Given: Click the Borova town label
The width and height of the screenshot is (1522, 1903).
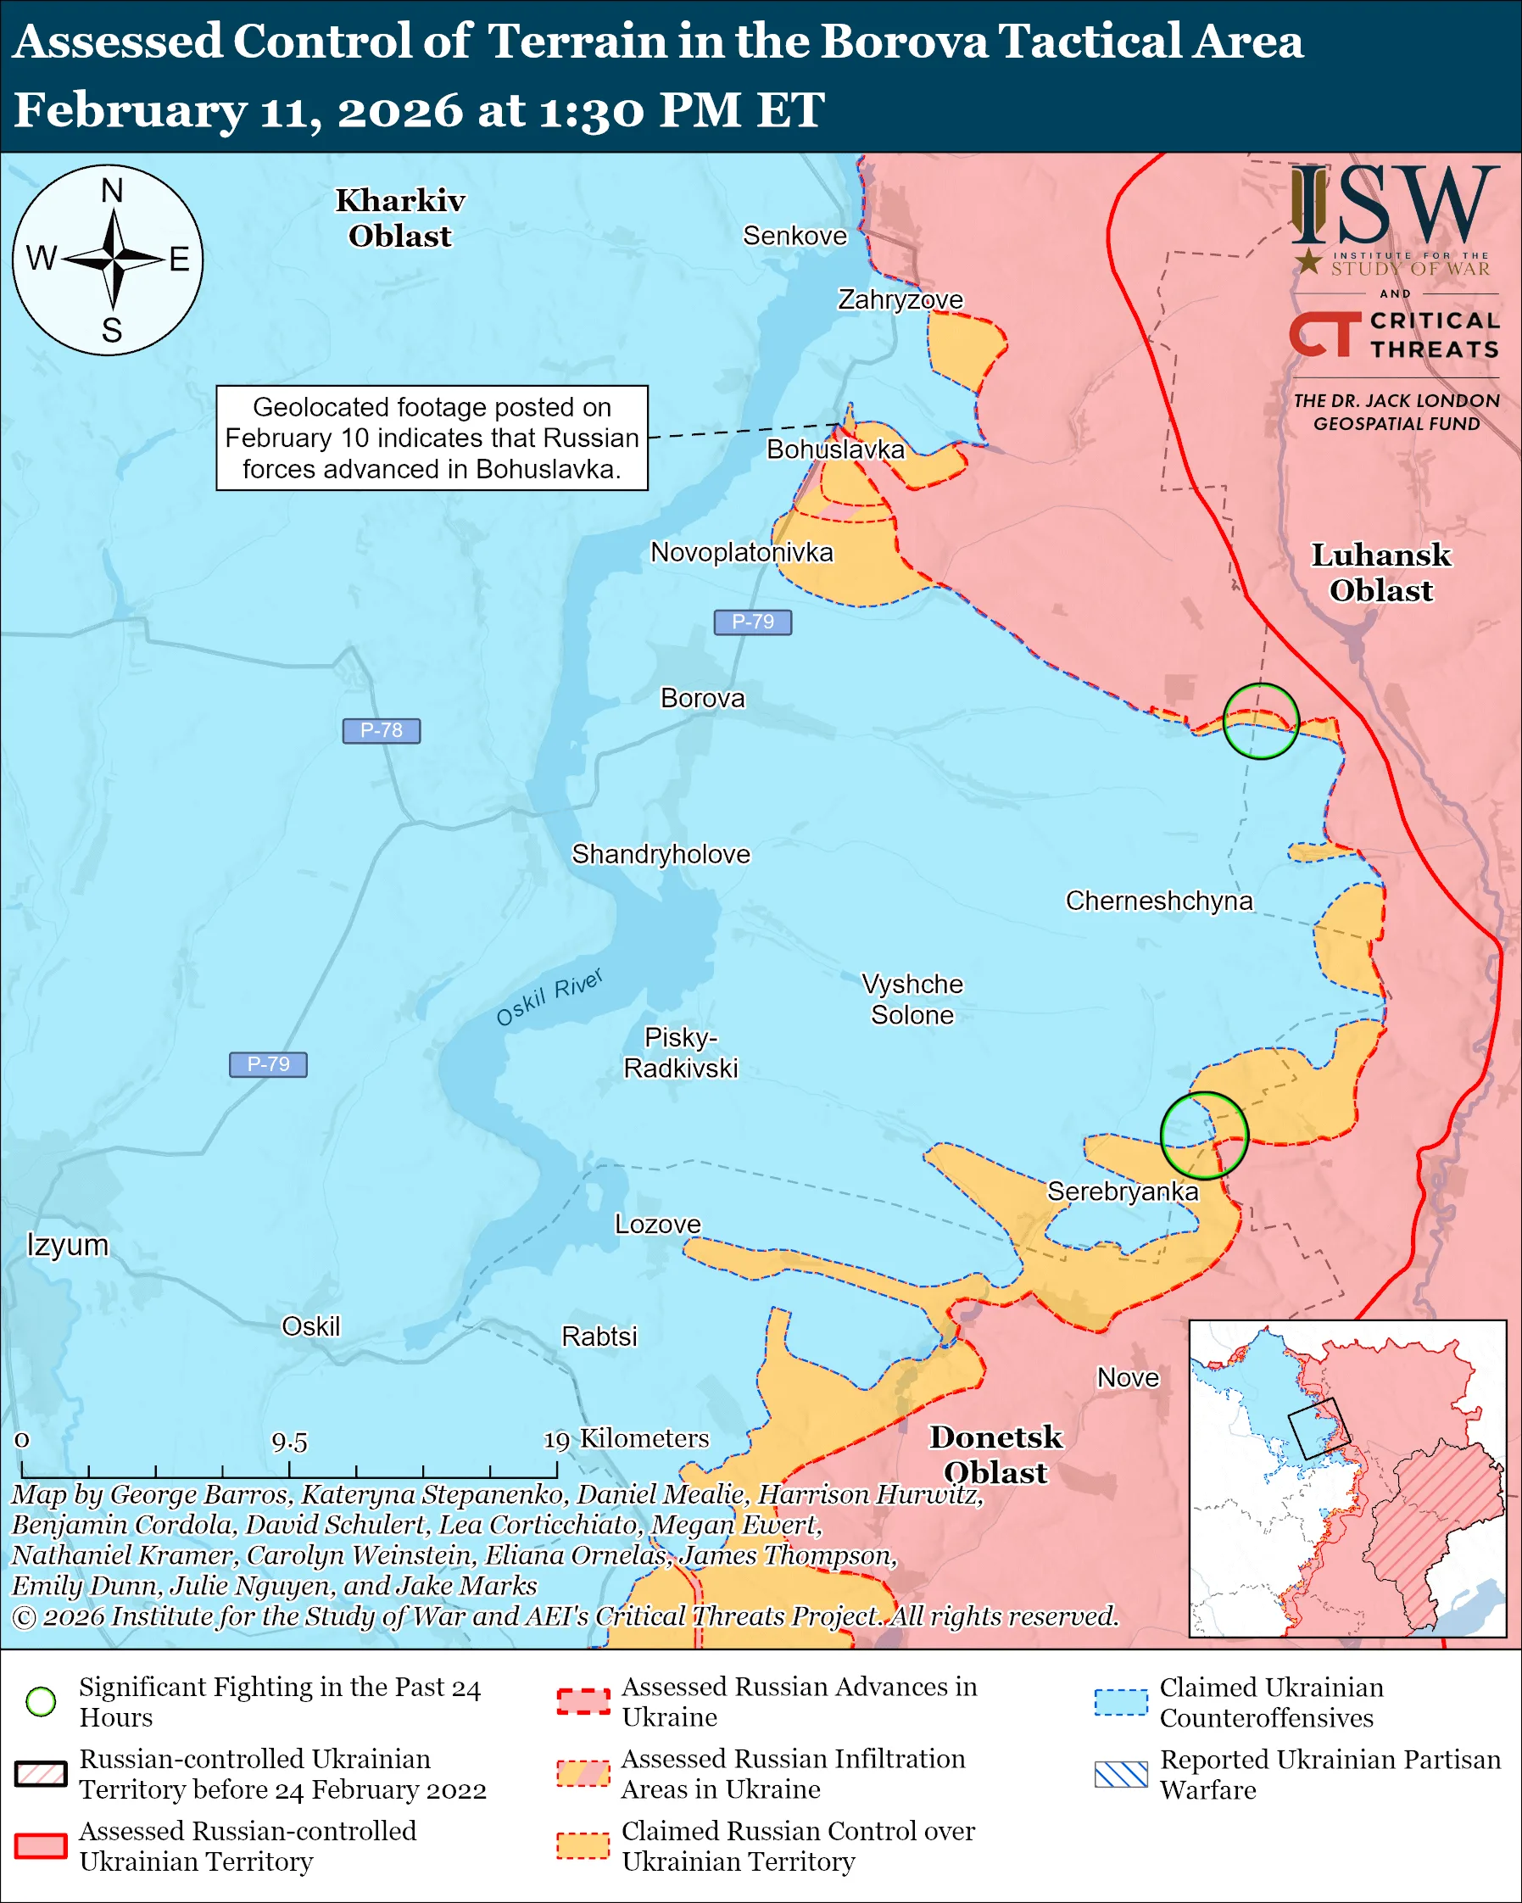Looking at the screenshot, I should (x=702, y=698).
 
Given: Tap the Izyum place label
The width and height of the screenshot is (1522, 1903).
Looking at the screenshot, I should (x=67, y=1245).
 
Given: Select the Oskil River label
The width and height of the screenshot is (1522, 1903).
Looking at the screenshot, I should (x=549, y=996).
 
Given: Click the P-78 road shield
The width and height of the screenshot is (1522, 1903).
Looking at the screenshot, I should (x=382, y=731).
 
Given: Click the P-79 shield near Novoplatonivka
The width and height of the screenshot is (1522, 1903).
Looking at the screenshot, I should (x=753, y=622).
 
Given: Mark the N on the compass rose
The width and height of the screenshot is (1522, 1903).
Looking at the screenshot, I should (x=111, y=191).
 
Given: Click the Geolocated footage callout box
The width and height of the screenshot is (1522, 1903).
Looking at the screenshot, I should (x=432, y=438).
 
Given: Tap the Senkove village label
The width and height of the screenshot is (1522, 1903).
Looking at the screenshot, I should (x=794, y=236).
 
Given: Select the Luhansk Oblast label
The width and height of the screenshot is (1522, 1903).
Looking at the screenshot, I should (x=1381, y=572).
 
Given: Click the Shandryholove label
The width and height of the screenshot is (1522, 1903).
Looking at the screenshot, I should (x=661, y=855).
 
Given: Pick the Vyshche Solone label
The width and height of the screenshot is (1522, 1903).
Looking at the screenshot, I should (x=912, y=999).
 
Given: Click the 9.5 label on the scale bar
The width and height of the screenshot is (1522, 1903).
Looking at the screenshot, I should (x=289, y=1443).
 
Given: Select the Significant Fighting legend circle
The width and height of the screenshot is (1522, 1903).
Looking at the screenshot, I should (x=41, y=1702).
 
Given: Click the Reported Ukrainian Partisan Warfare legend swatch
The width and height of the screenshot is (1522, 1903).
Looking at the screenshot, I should (x=1121, y=1774).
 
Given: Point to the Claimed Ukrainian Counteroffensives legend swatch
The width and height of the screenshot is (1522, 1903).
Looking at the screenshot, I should (x=1121, y=1702).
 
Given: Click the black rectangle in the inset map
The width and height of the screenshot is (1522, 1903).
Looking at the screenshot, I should (x=1313, y=1428).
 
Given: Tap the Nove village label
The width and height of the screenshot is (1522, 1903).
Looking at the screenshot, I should (x=1128, y=1378).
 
